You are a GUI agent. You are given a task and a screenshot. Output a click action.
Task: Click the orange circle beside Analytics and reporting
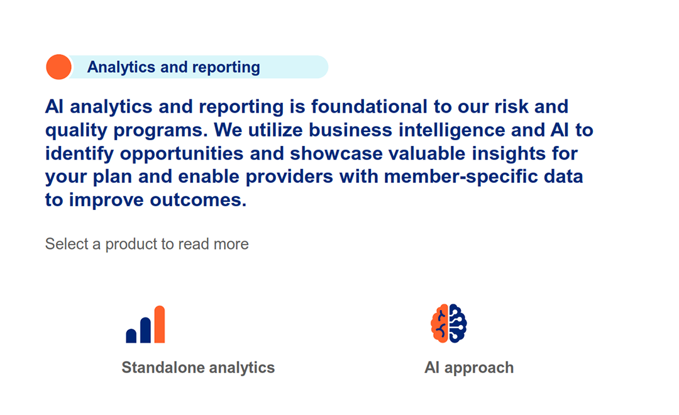pos(59,67)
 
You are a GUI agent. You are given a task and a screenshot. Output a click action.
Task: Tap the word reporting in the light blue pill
pos(226,67)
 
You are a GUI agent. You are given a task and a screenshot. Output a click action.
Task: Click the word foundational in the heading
pos(370,106)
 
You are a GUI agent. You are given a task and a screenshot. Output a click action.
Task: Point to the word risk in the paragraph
pos(511,106)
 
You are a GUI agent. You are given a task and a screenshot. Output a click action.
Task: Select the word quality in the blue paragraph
pos(76,131)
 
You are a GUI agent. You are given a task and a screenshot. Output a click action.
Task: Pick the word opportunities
pos(182,154)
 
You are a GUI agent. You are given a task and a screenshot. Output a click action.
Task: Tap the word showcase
pos(336,154)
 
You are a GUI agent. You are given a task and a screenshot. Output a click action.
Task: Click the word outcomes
pos(198,200)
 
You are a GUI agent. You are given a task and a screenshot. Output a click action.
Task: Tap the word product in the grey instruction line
pos(131,245)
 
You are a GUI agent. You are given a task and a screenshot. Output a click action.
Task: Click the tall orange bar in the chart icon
pos(160,324)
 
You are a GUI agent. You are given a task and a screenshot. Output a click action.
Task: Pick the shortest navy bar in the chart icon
pos(131,336)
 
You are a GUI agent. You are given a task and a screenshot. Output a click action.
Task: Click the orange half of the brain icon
pos(439,324)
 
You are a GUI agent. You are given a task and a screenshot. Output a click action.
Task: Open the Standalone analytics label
pos(198,368)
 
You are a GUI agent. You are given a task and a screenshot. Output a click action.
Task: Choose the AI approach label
pos(469,368)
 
